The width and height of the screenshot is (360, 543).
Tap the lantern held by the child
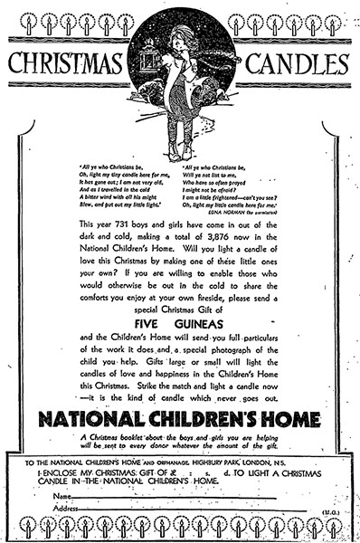click(x=149, y=62)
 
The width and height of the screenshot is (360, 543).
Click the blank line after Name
click(x=181, y=496)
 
